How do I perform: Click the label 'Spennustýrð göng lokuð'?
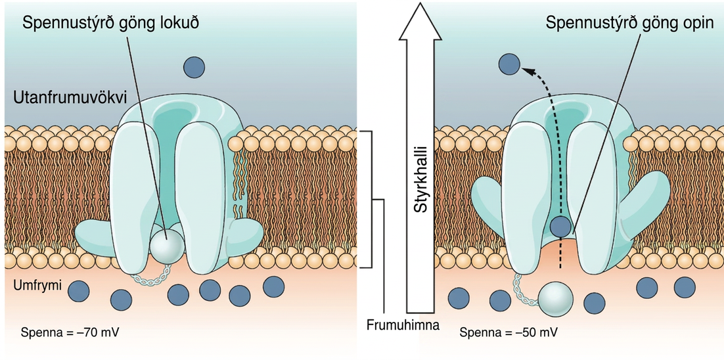(113, 23)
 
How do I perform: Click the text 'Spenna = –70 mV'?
(71, 332)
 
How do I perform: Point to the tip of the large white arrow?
(419, 3)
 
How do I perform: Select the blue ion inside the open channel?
(561, 227)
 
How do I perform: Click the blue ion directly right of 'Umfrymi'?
(78, 291)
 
